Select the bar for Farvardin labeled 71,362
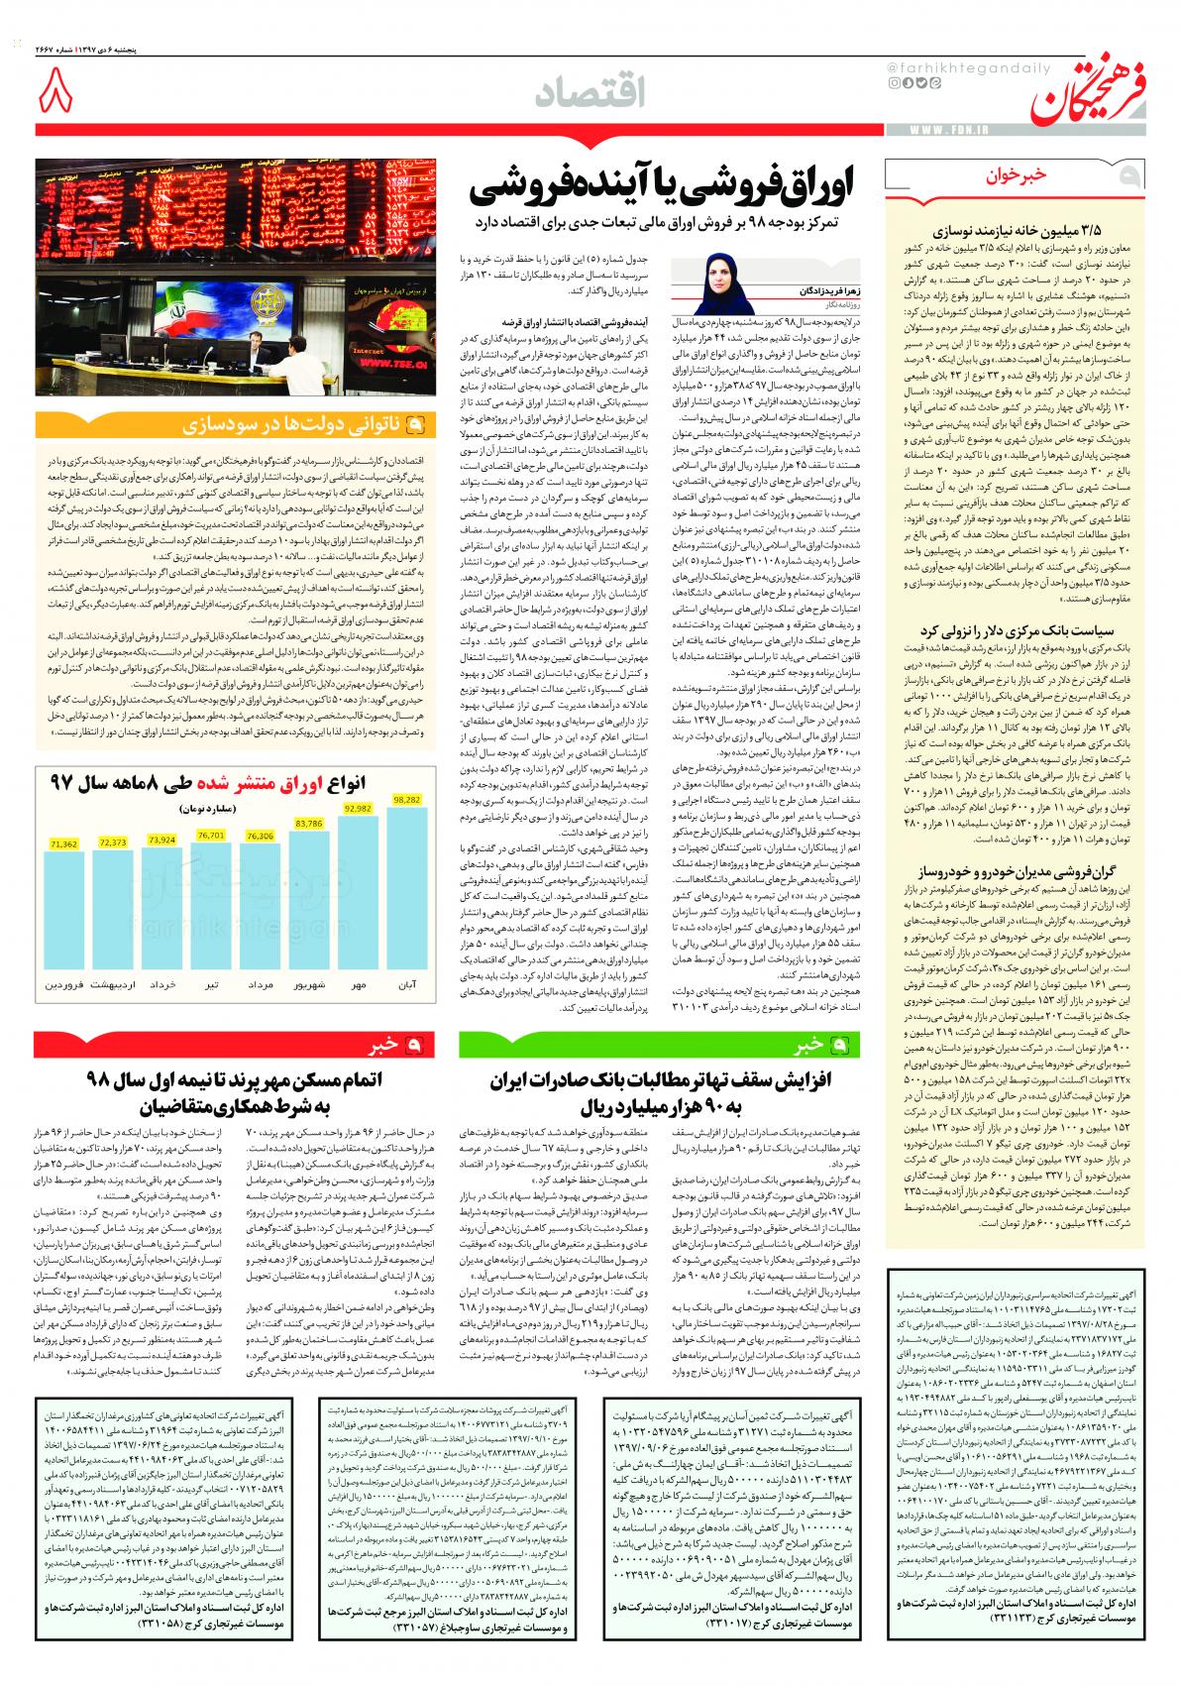(62, 907)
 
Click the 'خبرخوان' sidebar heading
(1040, 177)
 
